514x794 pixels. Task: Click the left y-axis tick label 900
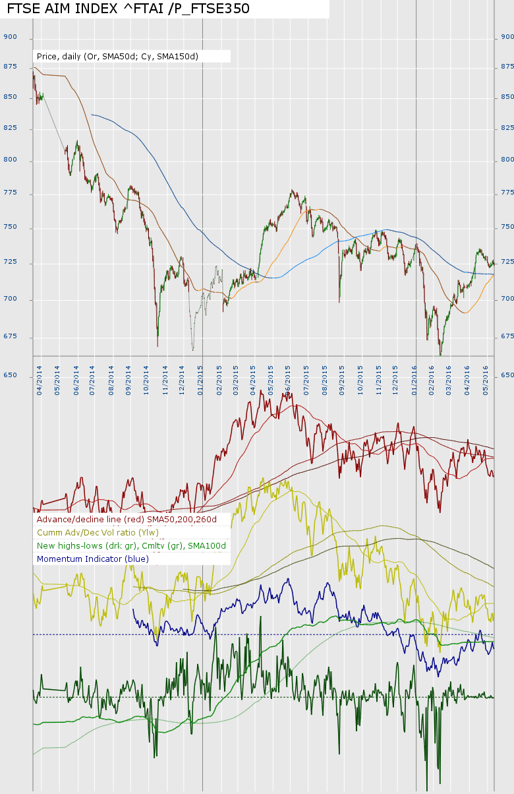click(10, 37)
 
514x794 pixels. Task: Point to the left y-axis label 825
click(10, 128)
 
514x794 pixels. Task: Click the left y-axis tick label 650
click(10, 375)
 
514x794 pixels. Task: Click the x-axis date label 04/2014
click(40, 380)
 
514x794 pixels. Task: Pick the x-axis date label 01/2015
click(200, 380)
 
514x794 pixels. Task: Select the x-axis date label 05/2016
click(486, 380)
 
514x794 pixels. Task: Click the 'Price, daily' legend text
click(117, 57)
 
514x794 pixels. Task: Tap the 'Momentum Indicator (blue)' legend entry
click(93, 559)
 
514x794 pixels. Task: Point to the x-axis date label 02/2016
click(432, 380)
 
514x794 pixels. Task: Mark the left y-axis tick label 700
click(10, 299)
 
